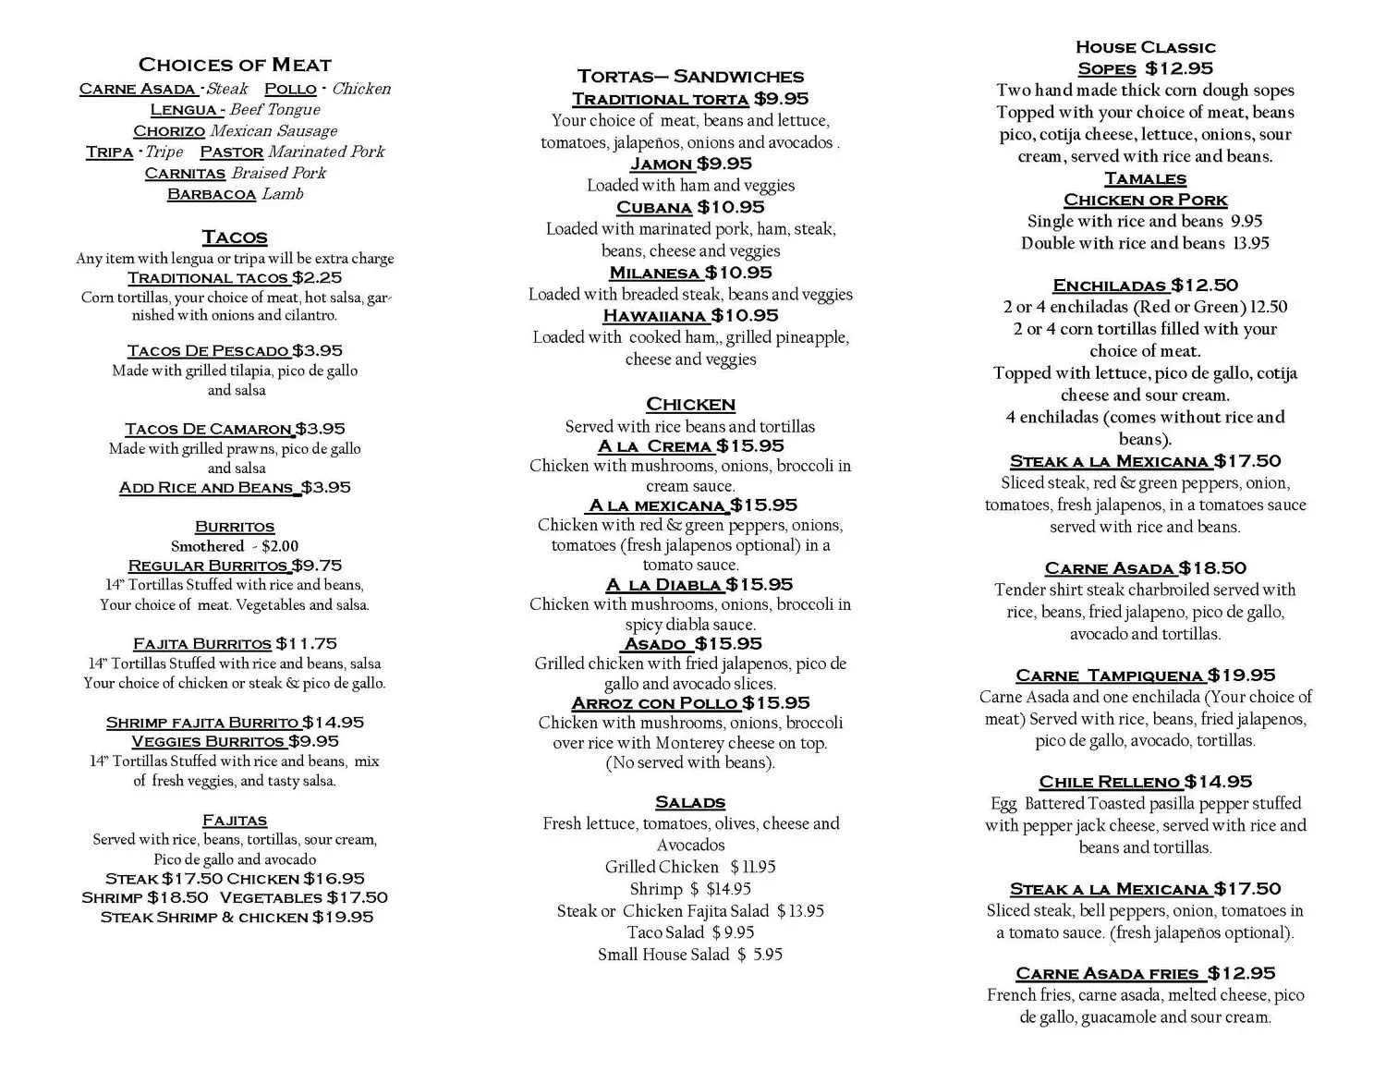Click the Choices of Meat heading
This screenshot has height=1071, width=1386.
click(235, 65)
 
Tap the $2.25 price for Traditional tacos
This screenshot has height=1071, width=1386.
click(317, 278)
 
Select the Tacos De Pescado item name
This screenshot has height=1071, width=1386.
click(208, 351)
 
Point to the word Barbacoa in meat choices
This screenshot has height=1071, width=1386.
click(211, 194)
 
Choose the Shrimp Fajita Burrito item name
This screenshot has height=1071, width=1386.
click(202, 723)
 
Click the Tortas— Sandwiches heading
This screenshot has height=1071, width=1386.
click(690, 77)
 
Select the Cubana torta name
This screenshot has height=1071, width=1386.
click(654, 208)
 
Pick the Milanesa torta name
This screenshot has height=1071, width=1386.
click(654, 273)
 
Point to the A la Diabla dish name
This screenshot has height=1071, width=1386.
click(663, 585)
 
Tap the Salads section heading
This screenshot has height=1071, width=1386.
click(690, 802)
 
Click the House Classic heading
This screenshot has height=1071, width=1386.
click(1145, 47)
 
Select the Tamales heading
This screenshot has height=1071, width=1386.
click(1145, 178)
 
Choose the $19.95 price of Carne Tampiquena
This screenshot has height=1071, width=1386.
click(1241, 675)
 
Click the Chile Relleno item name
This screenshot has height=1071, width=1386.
click(1110, 782)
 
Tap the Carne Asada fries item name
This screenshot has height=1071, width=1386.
click(1108, 973)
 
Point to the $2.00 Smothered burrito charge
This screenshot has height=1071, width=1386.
click(280, 546)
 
